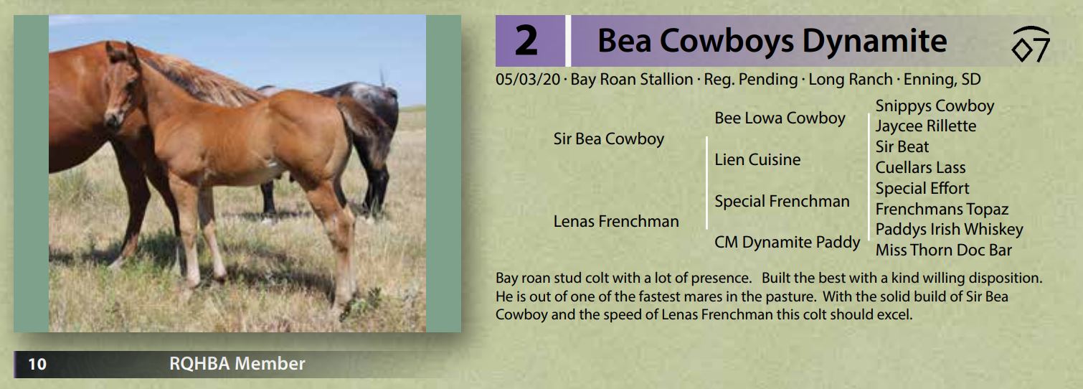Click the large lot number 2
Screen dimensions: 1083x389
(x=526, y=41)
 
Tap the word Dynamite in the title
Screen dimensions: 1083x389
(x=874, y=41)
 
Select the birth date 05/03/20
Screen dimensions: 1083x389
(x=527, y=80)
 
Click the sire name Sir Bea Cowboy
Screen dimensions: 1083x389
(x=609, y=139)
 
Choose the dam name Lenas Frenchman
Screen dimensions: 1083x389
(x=616, y=221)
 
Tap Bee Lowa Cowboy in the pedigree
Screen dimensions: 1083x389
(x=780, y=118)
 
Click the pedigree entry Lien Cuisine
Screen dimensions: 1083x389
(x=757, y=159)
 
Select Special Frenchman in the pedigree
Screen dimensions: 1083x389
(x=782, y=201)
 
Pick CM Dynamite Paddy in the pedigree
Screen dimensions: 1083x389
(x=787, y=242)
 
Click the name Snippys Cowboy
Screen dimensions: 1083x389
(x=935, y=106)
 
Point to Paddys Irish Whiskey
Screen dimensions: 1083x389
(x=949, y=230)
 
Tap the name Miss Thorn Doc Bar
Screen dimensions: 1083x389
(x=943, y=250)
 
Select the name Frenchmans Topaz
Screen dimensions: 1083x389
(x=942, y=209)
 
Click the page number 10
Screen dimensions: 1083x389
(x=37, y=365)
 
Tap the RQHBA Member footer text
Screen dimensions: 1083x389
(x=237, y=364)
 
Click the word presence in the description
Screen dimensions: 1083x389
(x=720, y=278)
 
